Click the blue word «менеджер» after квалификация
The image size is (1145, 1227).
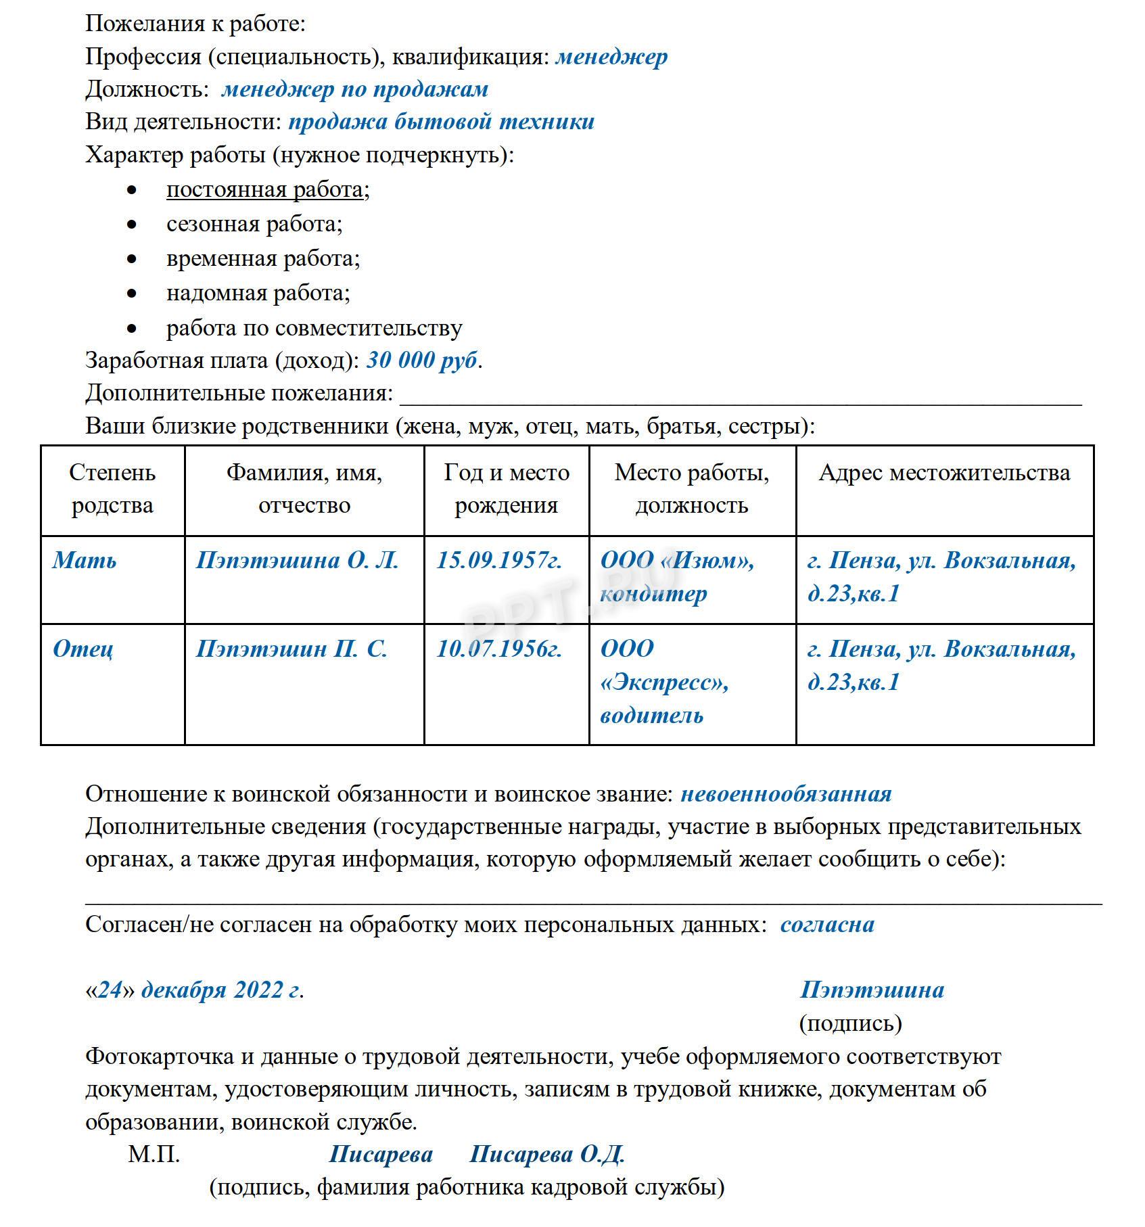(x=611, y=57)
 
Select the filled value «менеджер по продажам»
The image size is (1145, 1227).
(x=354, y=89)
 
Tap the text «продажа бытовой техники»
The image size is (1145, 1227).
(x=441, y=122)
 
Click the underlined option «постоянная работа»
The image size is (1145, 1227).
(x=264, y=190)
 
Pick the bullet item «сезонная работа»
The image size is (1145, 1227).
(x=254, y=224)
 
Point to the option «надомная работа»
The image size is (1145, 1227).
(x=258, y=293)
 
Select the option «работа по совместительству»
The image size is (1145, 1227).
(x=314, y=328)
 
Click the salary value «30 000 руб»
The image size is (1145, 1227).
(x=422, y=361)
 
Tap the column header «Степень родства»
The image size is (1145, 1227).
(x=112, y=489)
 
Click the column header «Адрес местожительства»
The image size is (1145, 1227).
(x=944, y=473)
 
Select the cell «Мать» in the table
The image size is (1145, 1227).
(x=85, y=560)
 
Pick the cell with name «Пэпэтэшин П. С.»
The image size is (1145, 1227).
(x=291, y=649)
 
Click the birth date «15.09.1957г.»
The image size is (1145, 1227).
(x=499, y=560)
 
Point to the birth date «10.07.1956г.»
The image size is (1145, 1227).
(x=499, y=649)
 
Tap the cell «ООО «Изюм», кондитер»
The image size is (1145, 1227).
(x=677, y=576)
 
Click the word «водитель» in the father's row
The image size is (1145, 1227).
(x=651, y=716)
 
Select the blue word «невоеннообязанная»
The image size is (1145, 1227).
(x=786, y=794)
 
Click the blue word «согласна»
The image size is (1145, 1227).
(x=827, y=925)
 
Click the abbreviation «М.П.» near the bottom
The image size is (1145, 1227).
(x=154, y=1154)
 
